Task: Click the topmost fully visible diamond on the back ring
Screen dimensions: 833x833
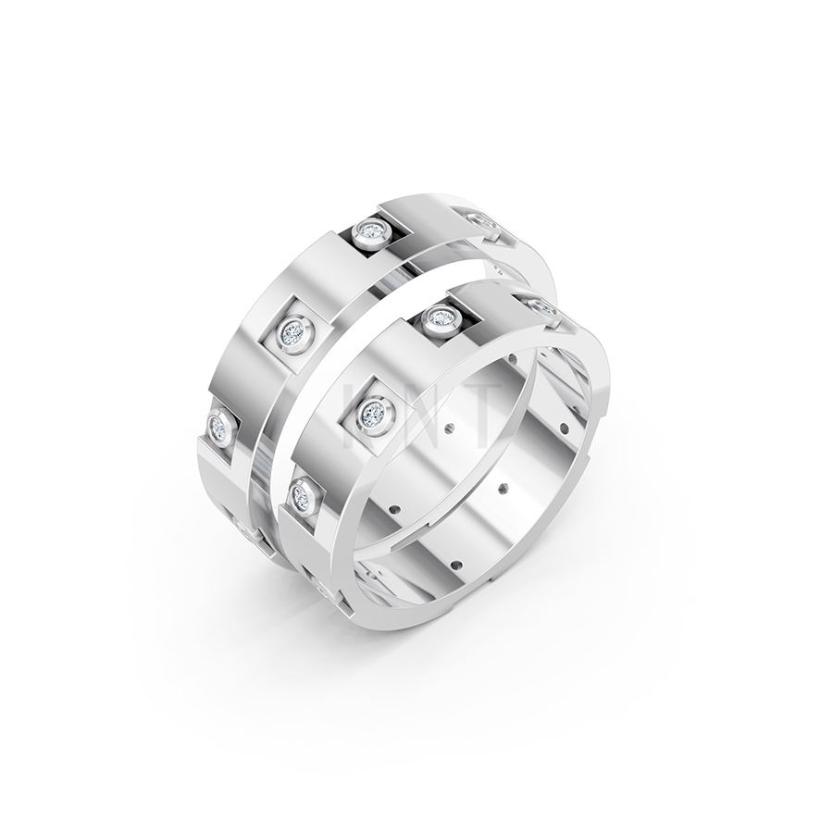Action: pyautogui.click(x=370, y=230)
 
